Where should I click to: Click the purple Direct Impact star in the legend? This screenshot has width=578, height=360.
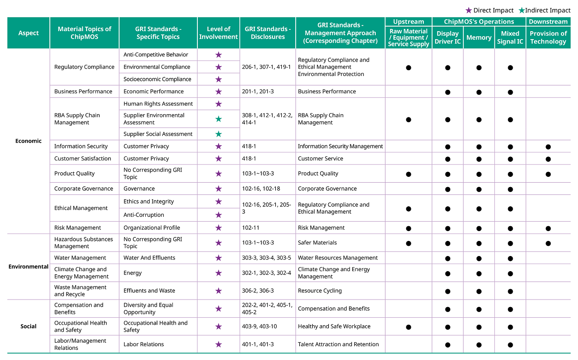click(x=469, y=10)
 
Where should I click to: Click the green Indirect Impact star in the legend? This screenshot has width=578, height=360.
click(x=522, y=10)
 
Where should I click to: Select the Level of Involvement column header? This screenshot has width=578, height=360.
click(x=218, y=33)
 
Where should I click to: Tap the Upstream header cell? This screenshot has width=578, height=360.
click(x=409, y=21)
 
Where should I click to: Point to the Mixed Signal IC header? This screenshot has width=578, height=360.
click(x=510, y=37)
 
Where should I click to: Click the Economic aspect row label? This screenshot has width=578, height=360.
click(x=28, y=141)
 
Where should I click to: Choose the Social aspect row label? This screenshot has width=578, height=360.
click(x=28, y=326)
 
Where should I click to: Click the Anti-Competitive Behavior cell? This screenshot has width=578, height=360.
click(x=156, y=55)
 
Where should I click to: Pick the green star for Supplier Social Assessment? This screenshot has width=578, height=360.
click(x=219, y=134)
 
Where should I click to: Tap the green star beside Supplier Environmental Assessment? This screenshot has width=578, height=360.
click(x=219, y=119)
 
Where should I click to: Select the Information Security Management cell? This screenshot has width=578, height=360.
click(x=340, y=146)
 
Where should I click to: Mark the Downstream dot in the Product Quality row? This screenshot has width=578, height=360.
click(x=548, y=174)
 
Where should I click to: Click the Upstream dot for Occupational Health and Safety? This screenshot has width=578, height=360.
click(x=409, y=327)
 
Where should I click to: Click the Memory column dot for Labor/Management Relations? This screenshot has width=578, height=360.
click(x=479, y=345)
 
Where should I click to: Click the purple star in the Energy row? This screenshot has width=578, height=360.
click(x=219, y=273)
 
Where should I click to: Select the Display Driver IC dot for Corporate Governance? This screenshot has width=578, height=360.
click(x=448, y=189)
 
